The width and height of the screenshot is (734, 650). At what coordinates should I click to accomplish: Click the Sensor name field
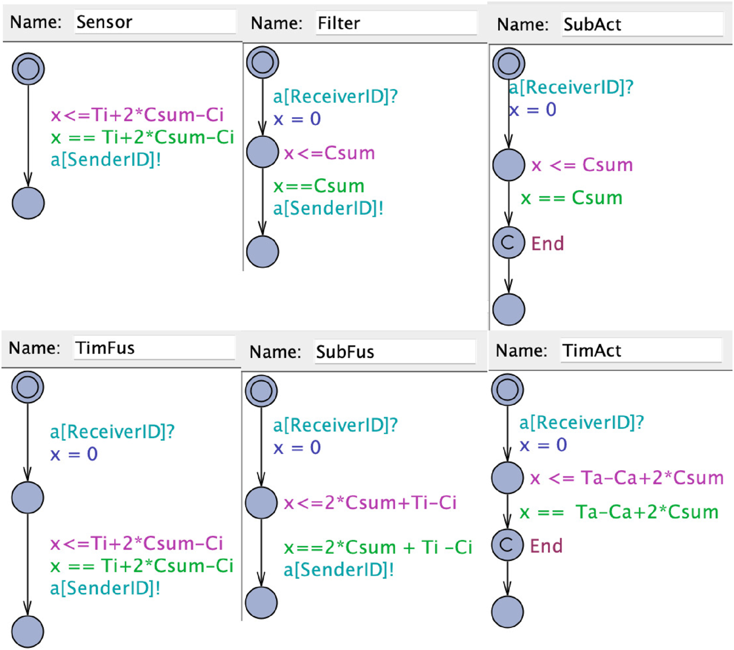tap(155, 22)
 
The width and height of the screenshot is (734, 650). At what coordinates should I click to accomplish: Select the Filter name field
tap(396, 23)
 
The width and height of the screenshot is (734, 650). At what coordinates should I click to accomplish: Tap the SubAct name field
tap(642, 24)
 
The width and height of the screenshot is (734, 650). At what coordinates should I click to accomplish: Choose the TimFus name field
tap(155, 348)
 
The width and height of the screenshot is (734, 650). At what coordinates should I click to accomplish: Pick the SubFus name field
tap(395, 352)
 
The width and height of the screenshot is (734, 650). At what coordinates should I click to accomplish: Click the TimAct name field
tap(641, 351)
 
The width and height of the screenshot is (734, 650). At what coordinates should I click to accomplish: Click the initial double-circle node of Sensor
tap(28, 69)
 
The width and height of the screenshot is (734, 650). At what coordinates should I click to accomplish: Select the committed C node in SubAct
tap(508, 242)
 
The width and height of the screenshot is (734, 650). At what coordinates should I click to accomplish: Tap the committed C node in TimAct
tap(507, 545)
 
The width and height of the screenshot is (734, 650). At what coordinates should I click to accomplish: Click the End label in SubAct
tap(547, 244)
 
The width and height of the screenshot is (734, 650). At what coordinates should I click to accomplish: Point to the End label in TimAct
tap(546, 546)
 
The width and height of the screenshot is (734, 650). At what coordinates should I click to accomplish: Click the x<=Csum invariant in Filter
tap(329, 153)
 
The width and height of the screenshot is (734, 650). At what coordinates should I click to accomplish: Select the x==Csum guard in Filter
tap(319, 186)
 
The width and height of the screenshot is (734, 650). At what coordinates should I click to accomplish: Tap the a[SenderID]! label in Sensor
tap(106, 160)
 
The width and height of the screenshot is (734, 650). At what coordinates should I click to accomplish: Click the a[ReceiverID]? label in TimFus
tap(112, 432)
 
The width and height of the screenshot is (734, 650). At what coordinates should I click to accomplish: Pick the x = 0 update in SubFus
tap(297, 448)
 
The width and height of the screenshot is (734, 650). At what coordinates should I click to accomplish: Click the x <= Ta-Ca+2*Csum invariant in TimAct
tap(627, 478)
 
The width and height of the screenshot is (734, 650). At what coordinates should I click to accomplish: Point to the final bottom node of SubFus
tap(261, 603)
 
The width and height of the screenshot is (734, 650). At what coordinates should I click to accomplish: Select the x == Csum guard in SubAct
tap(572, 198)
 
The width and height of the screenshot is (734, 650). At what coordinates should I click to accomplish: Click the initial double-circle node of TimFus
tap(28, 387)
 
